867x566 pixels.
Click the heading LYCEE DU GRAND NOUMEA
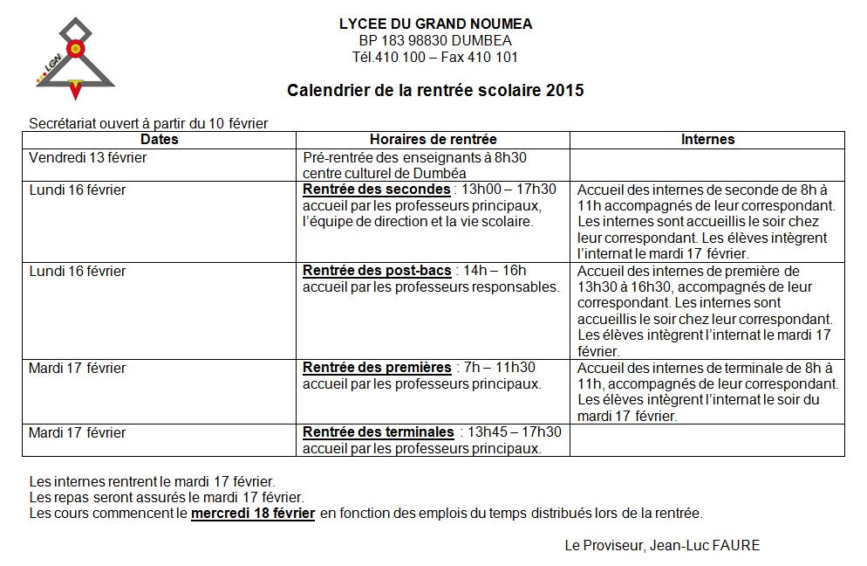point(435,24)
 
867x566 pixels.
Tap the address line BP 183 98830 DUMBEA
point(435,41)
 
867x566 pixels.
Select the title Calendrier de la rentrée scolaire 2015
point(435,90)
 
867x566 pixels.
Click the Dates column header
point(159,140)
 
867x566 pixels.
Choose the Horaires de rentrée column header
point(433,140)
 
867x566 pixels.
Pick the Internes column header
point(707,140)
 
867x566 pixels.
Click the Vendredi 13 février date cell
point(88,158)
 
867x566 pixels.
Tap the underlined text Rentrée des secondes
point(376,190)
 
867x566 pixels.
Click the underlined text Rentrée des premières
point(377,368)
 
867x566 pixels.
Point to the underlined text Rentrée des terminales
point(378,432)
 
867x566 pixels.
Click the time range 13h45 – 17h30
point(515,432)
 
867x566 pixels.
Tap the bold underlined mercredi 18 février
point(253,514)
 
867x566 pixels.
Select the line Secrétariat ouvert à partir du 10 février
point(148,123)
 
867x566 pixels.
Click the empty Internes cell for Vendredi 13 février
point(707,164)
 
